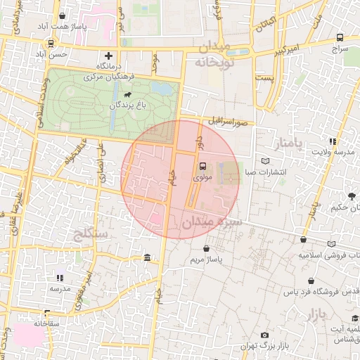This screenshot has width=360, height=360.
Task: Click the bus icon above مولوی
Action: point(202,167)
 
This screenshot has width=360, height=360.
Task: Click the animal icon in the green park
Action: point(127,94)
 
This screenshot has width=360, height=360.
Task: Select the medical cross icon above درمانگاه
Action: point(108,55)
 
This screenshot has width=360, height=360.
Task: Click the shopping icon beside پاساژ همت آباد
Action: point(63,16)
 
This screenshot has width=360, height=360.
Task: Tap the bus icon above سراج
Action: point(340,37)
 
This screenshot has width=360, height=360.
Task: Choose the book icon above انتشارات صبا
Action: point(264,160)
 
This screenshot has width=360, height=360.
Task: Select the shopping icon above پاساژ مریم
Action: point(206,249)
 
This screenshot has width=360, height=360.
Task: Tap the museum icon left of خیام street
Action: point(146,257)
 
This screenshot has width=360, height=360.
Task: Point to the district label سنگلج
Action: point(89,233)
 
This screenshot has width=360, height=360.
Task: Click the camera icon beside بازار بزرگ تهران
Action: point(264,335)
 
